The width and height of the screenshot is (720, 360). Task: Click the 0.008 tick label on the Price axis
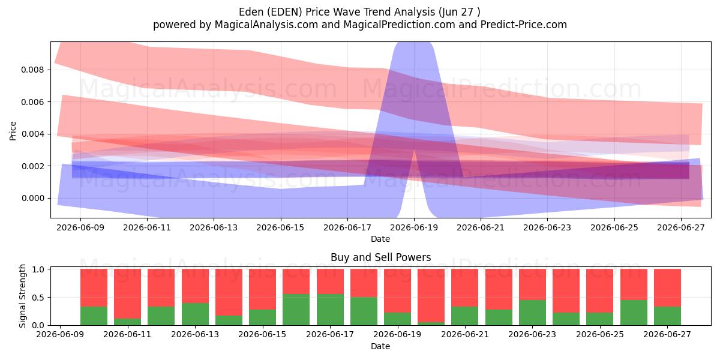coord(32,70)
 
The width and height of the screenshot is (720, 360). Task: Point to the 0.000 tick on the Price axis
coord(32,199)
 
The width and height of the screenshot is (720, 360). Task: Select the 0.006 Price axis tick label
coord(32,102)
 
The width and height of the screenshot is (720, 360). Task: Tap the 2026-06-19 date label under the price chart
coord(414,227)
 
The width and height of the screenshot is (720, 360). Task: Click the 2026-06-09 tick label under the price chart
coord(80,227)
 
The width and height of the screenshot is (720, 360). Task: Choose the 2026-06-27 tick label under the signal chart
coord(667,335)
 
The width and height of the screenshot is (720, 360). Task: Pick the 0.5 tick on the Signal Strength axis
coord(39,298)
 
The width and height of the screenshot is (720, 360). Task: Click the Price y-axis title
coord(13,131)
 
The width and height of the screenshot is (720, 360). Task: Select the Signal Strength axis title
coord(22,296)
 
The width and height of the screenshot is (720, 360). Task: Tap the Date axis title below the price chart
coord(380,239)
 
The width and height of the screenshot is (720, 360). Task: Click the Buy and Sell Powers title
coord(380,257)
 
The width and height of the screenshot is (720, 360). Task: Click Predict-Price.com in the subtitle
coord(524,25)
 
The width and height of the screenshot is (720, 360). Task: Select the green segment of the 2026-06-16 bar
coord(296,310)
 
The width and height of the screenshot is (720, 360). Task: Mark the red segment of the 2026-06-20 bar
coord(431,296)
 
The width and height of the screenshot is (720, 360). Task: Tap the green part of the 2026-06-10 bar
coord(94,316)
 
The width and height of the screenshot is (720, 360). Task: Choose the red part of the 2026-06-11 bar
coord(128,294)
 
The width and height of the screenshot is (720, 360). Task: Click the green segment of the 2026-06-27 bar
coord(667,316)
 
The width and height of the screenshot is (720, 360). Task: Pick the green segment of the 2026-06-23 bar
coord(532,313)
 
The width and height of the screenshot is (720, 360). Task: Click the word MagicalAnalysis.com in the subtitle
coord(266,25)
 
